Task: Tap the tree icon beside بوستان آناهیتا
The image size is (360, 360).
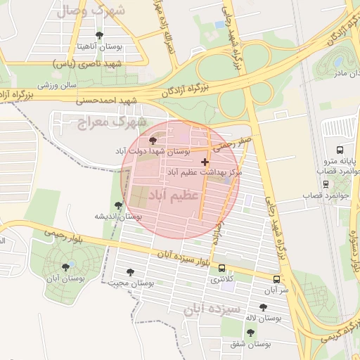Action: (x=98, y=34)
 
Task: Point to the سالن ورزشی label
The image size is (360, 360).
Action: (x=56, y=84)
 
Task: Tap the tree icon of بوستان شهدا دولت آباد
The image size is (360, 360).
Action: (x=153, y=141)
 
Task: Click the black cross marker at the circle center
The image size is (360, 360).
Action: (x=205, y=162)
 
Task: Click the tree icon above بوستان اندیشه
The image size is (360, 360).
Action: (x=118, y=206)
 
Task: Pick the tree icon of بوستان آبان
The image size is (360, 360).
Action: (x=66, y=266)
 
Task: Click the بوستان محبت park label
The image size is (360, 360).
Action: (x=131, y=283)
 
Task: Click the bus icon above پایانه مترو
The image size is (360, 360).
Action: (x=340, y=150)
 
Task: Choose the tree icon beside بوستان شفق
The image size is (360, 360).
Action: (x=251, y=333)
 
